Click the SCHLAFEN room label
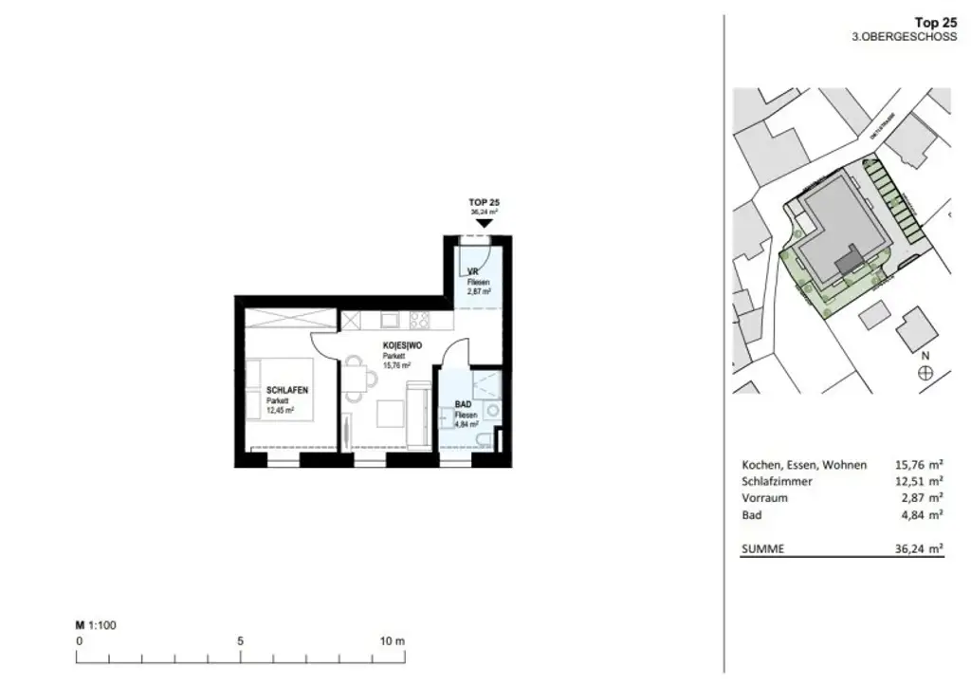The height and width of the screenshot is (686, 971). (x=288, y=390)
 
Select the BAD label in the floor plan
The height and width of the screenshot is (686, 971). (x=463, y=403)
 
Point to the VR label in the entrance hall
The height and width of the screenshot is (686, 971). (x=471, y=271)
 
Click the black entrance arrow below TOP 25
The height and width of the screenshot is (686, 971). (x=484, y=223)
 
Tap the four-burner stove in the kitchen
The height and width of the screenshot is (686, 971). (x=419, y=321)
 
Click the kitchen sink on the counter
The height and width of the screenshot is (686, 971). (x=388, y=321)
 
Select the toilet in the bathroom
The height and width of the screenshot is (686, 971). (x=485, y=438)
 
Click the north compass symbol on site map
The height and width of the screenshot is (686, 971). (x=925, y=373)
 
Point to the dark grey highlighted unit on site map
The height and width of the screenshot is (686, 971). (x=850, y=258)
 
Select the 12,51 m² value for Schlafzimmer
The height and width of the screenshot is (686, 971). (x=920, y=481)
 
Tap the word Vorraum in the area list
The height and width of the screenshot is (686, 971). (x=764, y=498)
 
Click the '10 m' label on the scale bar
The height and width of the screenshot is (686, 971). (x=393, y=640)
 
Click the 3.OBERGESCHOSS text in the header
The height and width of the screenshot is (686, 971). (x=906, y=36)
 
